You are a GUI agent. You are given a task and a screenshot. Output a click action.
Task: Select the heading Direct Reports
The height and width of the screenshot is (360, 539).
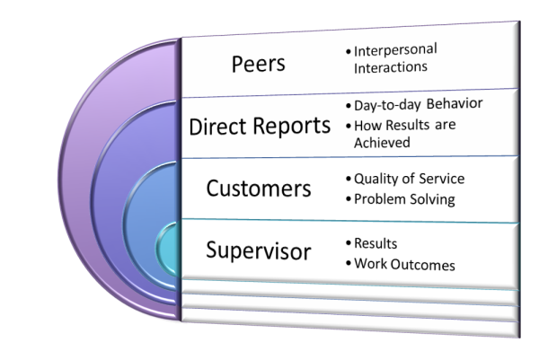pos(260,126)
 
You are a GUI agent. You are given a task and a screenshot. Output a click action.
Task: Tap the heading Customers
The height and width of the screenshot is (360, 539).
pos(259,189)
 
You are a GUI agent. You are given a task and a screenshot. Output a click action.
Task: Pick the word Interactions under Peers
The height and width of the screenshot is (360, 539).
pos(389,66)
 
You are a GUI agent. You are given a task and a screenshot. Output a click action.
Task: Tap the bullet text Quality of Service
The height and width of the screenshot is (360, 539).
pos(410,178)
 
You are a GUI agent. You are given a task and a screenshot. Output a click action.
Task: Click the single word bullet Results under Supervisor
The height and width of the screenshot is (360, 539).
pos(376,244)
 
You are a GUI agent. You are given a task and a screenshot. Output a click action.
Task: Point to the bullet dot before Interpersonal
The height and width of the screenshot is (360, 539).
pos(349,51)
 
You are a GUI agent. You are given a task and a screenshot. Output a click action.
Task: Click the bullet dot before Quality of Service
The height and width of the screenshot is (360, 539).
pos(348,179)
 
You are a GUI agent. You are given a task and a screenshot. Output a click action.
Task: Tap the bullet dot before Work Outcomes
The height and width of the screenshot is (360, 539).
pos(348,265)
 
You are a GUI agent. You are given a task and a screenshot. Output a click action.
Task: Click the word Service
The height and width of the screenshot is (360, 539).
pos(443,178)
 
